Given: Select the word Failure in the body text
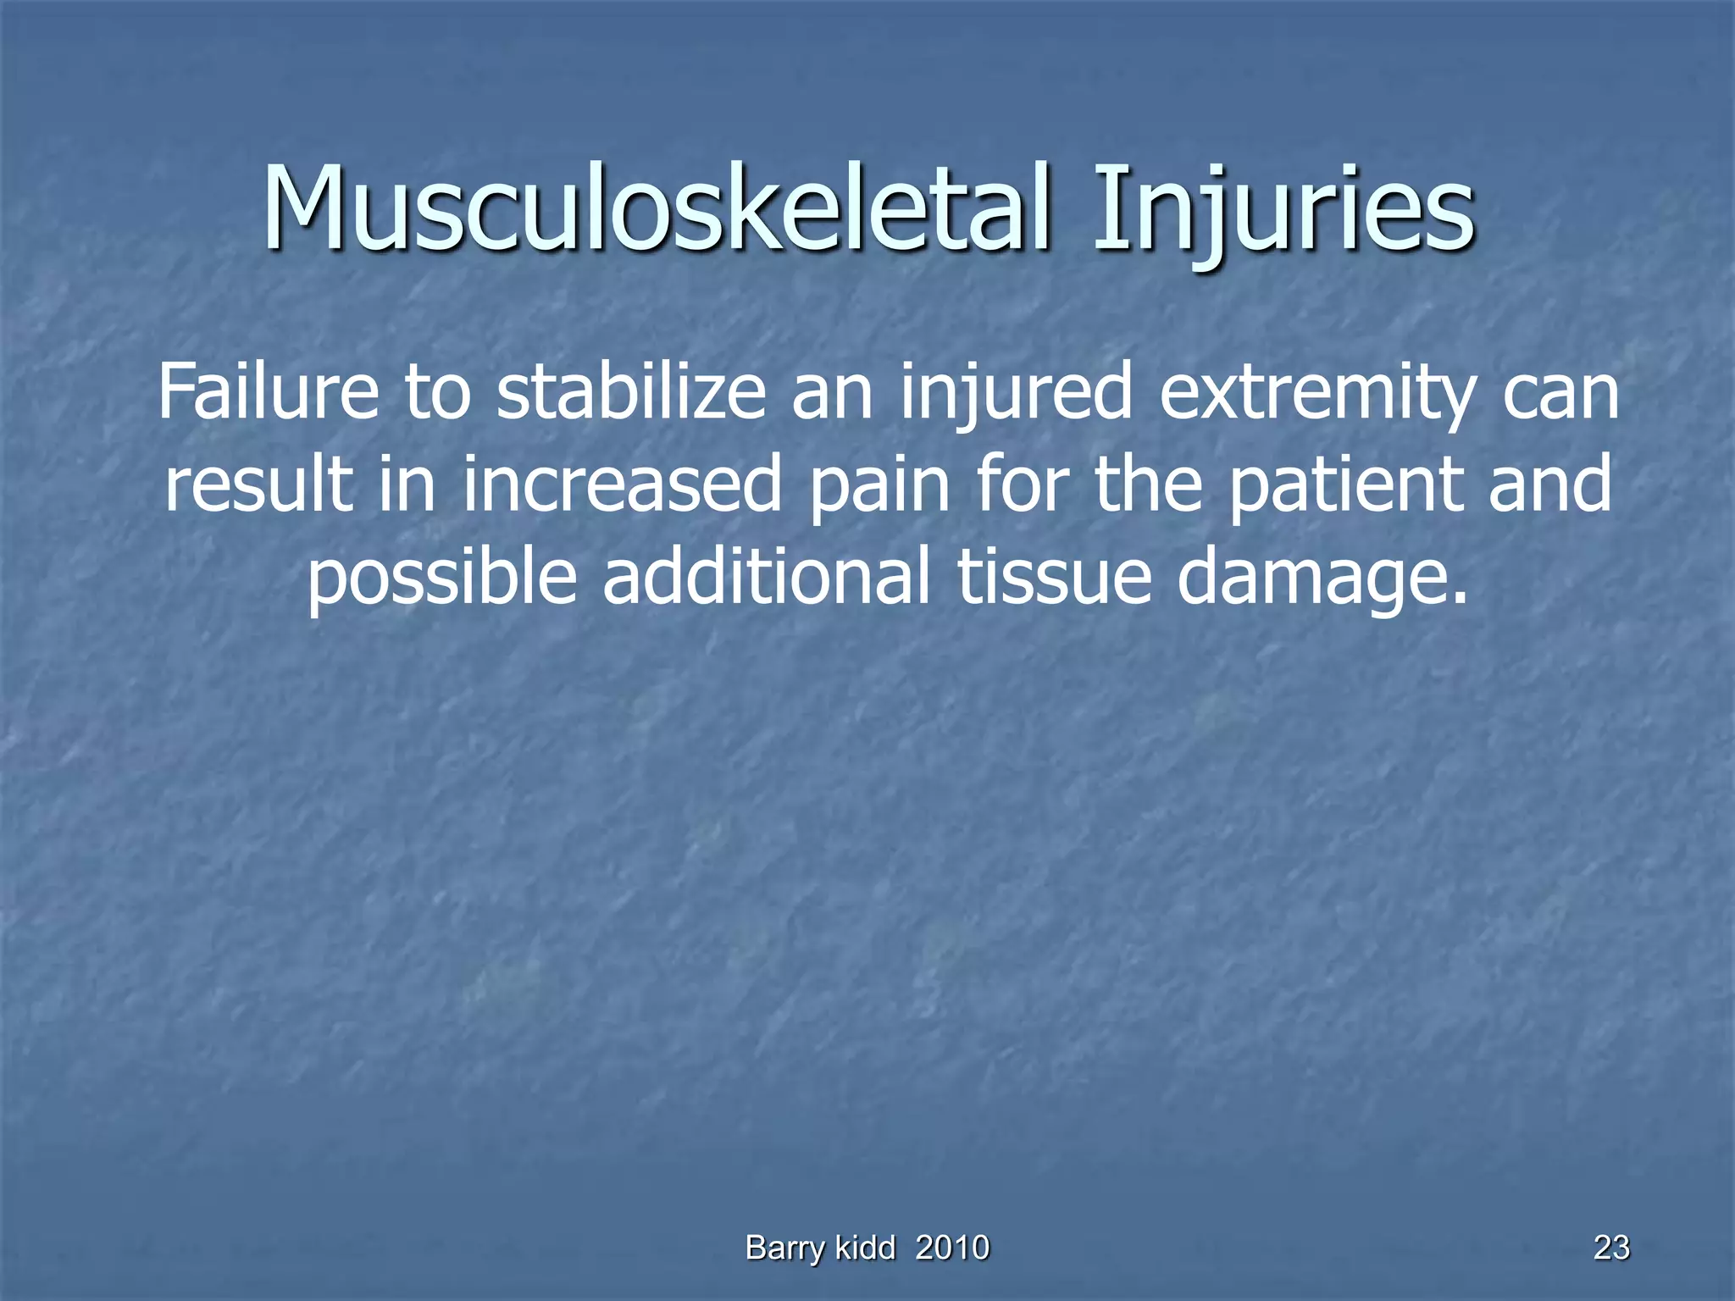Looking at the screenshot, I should click(x=268, y=391).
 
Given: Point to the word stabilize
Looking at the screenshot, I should click(x=631, y=391).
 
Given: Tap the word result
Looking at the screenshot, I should click(x=258, y=484).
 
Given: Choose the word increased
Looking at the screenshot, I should click(x=622, y=484).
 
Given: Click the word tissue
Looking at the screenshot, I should click(x=1054, y=576).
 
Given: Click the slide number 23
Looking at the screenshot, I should click(x=1611, y=1248).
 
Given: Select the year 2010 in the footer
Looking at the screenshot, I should click(x=952, y=1248).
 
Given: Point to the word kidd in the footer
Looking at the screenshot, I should click(x=865, y=1248).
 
